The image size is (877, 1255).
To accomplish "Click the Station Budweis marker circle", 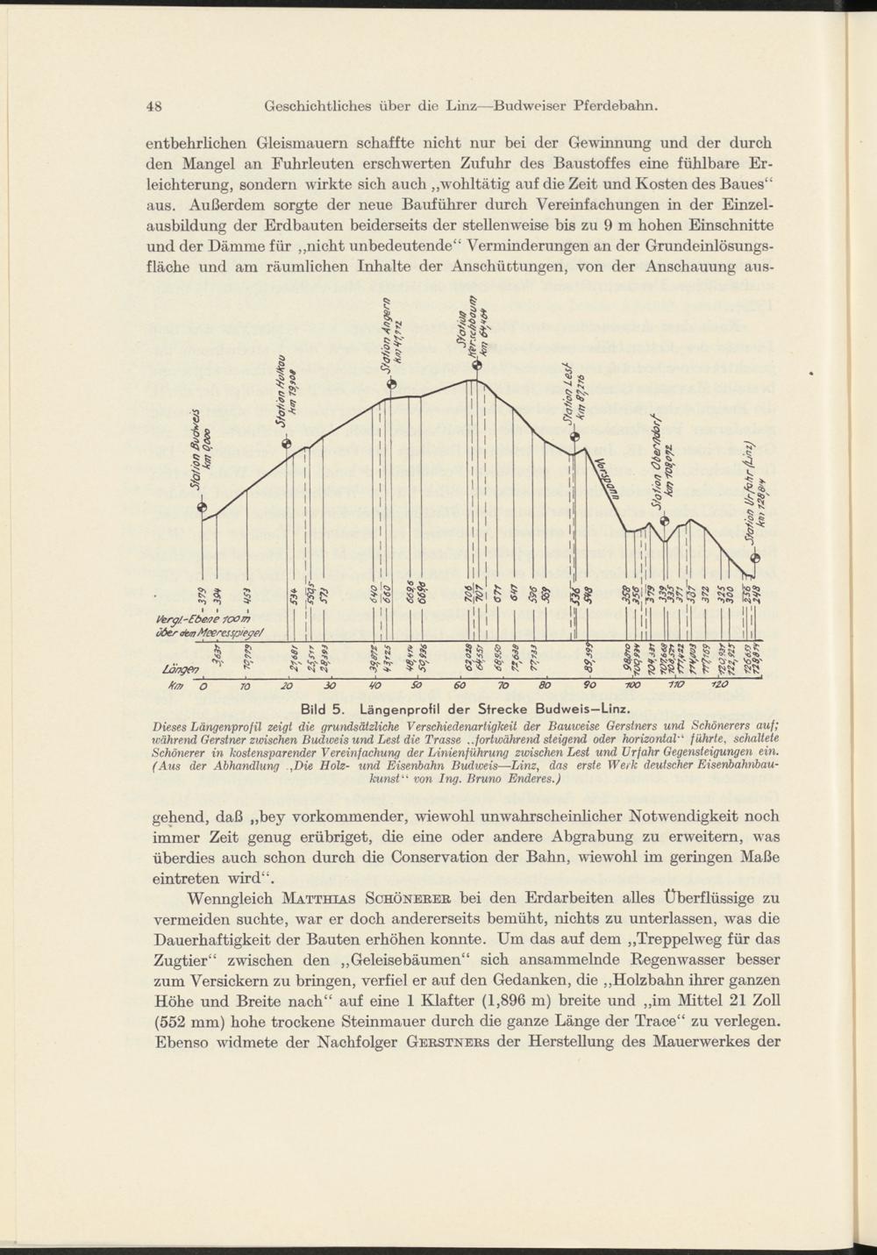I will tap(203, 506).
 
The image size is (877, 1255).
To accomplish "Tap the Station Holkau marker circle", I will tap(285, 443).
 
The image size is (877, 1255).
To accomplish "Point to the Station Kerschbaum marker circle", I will tap(476, 367).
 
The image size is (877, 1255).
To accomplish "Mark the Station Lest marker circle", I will tap(575, 438).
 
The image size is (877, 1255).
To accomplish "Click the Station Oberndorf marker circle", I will tap(664, 521).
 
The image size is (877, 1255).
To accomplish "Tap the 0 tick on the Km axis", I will tap(203, 686).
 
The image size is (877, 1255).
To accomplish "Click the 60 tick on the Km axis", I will tap(459, 686).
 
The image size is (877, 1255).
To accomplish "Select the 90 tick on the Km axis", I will tap(587, 686).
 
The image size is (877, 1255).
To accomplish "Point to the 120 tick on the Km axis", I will tap(715, 686).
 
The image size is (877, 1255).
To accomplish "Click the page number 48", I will tap(156, 107).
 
